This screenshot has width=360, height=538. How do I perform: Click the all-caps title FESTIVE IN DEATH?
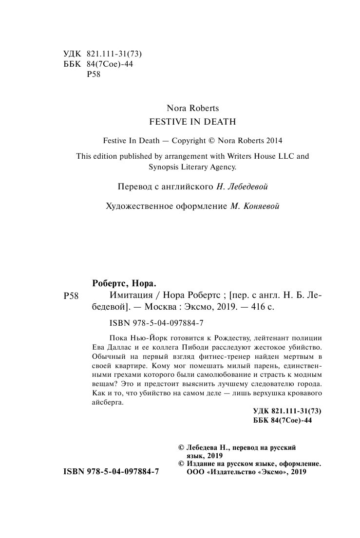pyautogui.click(x=192, y=122)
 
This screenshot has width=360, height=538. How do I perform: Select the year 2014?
pyautogui.click(x=274, y=140)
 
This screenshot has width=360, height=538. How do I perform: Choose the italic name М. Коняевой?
pyautogui.click(x=255, y=206)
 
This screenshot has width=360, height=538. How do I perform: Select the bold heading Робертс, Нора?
pyautogui.click(x=126, y=284)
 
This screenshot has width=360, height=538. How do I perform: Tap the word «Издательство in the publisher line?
pyautogui.click(x=231, y=472)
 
